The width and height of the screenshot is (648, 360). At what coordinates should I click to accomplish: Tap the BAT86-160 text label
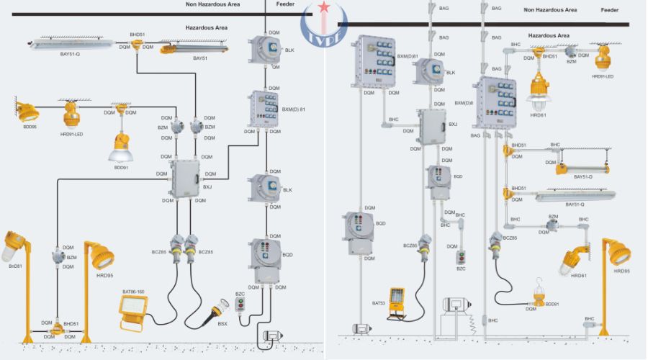[x=133, y=292]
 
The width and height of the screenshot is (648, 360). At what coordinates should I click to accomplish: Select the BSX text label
[x=222, y=325]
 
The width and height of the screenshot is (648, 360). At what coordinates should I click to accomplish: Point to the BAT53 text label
[x=379, y=303]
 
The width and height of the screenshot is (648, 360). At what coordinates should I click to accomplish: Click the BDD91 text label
[x=121, y=167]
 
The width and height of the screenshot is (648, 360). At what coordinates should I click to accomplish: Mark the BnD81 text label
[x=16, y=266]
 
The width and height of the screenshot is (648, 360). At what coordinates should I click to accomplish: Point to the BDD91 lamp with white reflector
[x=120, y=147]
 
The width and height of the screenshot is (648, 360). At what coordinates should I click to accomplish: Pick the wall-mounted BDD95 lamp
[x=27, y=112]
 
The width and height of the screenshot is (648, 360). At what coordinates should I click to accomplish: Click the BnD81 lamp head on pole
[x=16, y=247]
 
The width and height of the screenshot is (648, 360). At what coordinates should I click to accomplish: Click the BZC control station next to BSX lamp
[x=241, y=306]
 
